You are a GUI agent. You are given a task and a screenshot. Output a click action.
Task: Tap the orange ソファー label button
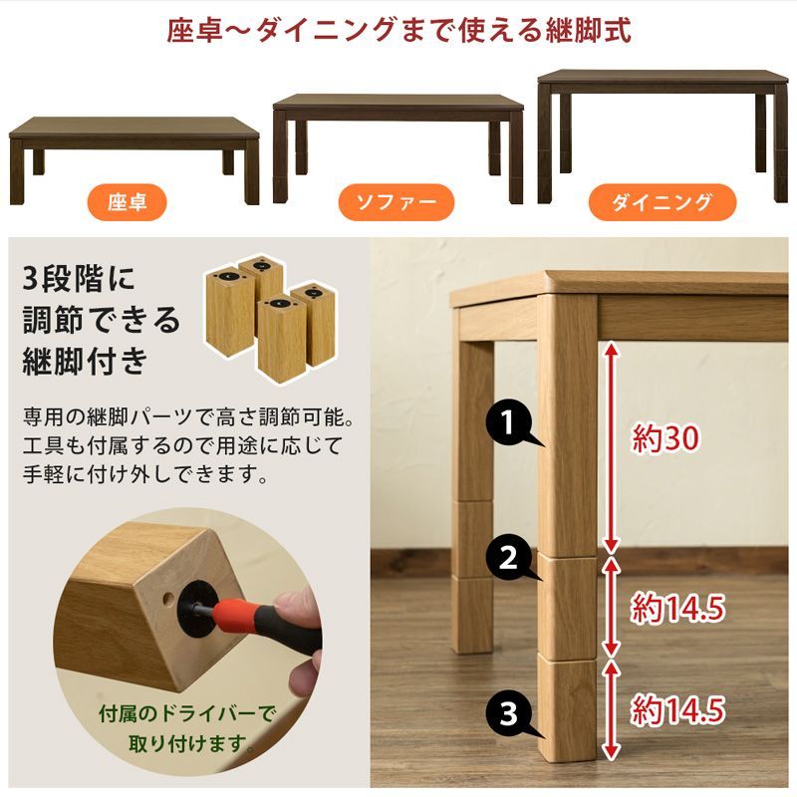click(x=398, y=203)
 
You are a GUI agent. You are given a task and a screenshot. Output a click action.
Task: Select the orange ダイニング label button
click(x=662, y=203)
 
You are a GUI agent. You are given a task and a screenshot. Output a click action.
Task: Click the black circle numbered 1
click(x=509, y=425)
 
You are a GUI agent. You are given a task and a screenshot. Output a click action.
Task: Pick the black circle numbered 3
click(x=509, y=713)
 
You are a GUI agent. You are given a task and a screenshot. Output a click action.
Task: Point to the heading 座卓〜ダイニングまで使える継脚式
click(x=398, y=30)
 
